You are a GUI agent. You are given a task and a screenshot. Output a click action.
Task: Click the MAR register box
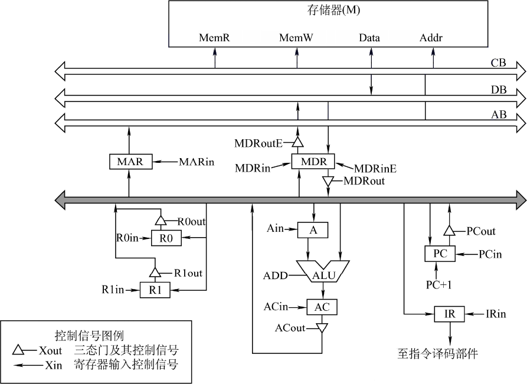[x=131, y=162]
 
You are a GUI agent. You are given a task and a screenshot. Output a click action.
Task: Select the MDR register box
[x=313, y=162]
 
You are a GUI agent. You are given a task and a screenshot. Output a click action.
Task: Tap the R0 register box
[x=166, y=238]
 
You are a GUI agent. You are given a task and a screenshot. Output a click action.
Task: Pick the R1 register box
[x=155, y=290]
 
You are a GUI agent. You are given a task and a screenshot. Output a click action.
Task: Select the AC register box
[x=322, y=307]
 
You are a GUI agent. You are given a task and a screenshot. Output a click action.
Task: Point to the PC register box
[x=440, y=254]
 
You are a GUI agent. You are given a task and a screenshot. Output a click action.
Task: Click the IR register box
[x=449, y=314]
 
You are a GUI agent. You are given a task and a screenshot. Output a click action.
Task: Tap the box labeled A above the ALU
[x=313, y=230]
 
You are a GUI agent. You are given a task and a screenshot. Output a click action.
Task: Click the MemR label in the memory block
[x=214, y=38]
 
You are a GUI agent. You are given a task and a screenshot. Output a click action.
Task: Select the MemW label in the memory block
[x=296, y=38]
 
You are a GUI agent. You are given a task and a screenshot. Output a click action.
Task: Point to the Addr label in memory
[x=431, y=38]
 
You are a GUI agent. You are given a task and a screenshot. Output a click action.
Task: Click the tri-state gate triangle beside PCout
[x=449, y=231]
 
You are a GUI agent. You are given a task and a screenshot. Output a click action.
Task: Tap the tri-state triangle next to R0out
[x=161, y=221]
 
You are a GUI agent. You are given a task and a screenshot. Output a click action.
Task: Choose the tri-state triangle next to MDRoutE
[x=297, y=142]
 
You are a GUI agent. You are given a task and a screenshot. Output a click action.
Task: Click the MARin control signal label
[x=197, y=162]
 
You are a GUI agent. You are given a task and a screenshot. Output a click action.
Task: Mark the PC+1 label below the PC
[x=438, y=285]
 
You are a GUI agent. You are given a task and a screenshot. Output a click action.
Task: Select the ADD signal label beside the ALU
[x=276, y=276]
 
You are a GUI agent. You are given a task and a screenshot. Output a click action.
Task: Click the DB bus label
[x=499, y=90]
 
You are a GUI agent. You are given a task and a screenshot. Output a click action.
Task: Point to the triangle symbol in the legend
[x=18, y=350]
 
